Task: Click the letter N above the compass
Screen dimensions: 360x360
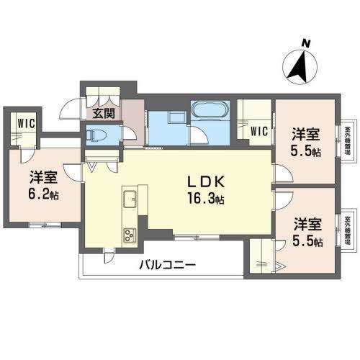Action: [x=306, y=44]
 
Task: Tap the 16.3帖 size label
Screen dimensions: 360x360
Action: [x=206, y=198]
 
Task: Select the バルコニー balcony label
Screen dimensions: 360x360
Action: [x=168, y=266]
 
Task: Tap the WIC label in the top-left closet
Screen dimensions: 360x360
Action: [x=25, y=122]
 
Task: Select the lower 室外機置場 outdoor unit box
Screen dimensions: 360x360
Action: [x=348, y=231]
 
